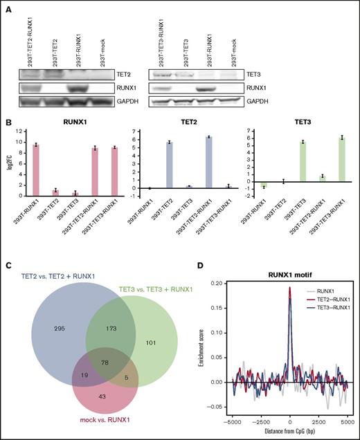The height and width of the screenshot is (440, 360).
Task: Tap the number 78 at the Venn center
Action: tap(104, 361)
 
